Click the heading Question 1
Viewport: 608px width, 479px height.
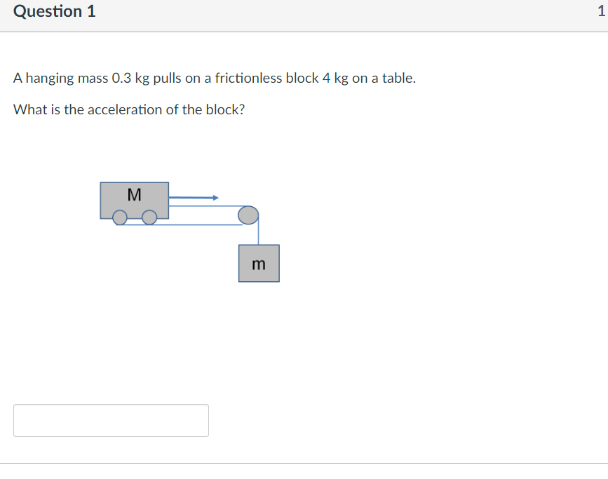(55, 12)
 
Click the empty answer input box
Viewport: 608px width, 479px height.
(111, 420)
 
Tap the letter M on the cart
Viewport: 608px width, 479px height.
(135, 194)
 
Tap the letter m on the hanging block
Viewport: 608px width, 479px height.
(259, 264)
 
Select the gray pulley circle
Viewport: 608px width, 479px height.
(248, 215)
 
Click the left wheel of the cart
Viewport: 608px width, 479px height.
(121, 219)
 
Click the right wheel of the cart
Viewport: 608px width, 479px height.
(149, 219)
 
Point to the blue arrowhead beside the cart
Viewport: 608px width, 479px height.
(216, 198)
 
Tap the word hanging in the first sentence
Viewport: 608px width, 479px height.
(50, 79)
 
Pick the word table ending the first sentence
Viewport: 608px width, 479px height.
(400, 78)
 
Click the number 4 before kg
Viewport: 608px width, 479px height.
(326, 78)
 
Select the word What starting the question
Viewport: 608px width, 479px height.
(30, 110)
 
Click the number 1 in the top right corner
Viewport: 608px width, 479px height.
(601, 12)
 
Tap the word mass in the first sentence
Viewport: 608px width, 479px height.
(93, 78)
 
